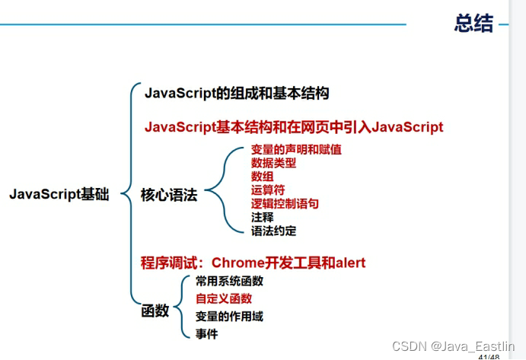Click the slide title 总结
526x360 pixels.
[473, 24]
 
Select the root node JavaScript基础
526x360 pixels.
[59, 195]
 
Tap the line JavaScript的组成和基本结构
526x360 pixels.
[237, 94]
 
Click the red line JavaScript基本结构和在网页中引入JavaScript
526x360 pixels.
[294, 127]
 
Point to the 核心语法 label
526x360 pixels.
[169, 196]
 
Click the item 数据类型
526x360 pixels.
[273, 163]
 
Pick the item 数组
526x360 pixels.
[263, 177]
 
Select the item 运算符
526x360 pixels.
[268, 190]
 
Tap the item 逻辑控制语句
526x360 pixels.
[285, 204]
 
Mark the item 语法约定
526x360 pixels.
[273, 231]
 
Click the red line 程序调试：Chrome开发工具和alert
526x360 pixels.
[253, 263]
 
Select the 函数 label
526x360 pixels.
[155, 311]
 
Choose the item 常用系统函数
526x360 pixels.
[229, 281]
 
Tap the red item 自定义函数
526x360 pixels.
[224, 299]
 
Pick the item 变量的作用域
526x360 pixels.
[229, 317]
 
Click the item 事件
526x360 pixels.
[206, 333]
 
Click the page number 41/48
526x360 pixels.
[488, 356]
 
